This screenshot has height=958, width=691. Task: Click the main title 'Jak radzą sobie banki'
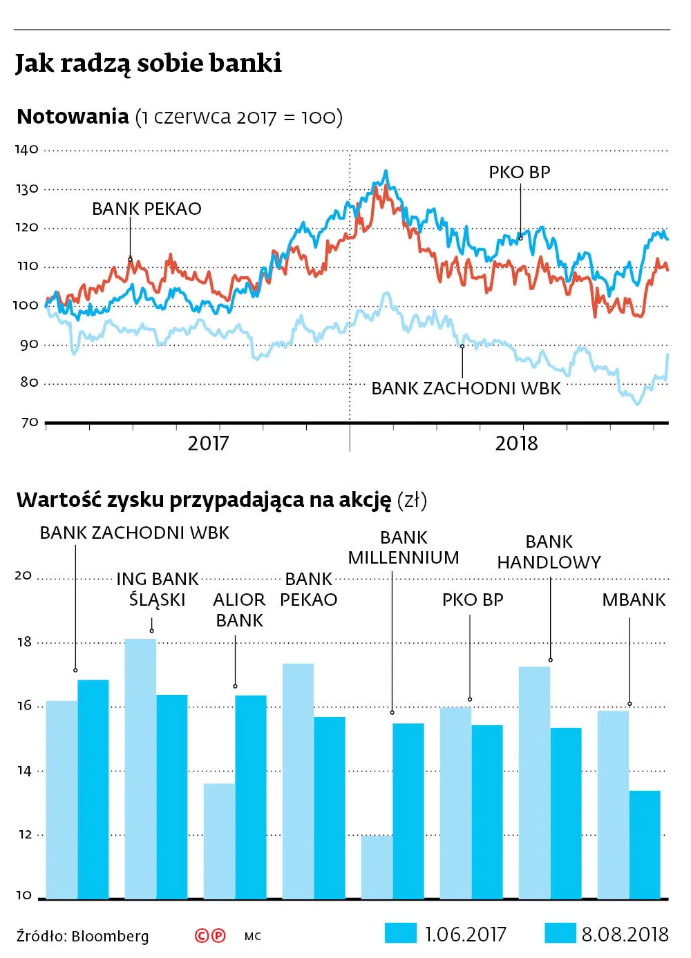click(149, 64)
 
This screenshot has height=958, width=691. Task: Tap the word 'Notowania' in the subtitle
click(73, 117)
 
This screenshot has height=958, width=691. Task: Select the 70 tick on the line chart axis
click(29, 423)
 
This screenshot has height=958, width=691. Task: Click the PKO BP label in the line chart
click(520, 173)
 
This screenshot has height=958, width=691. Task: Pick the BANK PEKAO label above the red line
click(146, 209)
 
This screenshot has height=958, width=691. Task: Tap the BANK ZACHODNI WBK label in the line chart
click(466, 388)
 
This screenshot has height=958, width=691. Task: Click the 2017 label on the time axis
click(208, 443)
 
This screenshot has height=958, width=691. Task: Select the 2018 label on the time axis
click(516, 443)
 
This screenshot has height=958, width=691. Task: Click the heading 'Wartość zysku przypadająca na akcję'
click(204, 500)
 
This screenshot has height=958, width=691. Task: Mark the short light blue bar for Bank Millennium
click(377, 867)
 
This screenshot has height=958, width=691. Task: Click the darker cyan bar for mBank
click(645, 844)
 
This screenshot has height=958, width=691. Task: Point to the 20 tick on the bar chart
click(23, 575)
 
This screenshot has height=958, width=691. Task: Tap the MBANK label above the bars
click(634, 600)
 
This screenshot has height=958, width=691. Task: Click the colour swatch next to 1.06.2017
click(401, 933)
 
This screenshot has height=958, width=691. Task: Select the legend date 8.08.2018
click(625, 935)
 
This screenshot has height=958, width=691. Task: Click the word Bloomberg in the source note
click(110, 937)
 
